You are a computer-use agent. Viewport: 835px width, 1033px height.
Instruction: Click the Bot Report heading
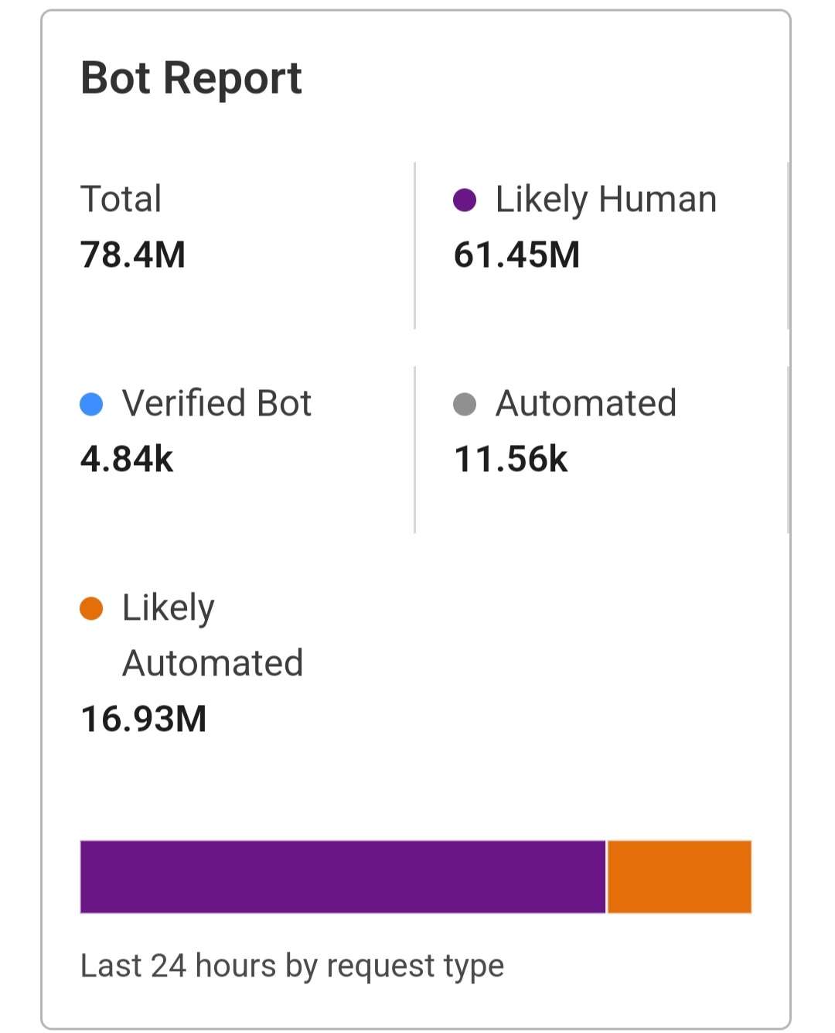click(191, 78)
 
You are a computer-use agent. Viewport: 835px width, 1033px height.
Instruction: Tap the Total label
click(121, 199)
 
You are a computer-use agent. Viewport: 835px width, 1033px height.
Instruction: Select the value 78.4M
click(133, 255)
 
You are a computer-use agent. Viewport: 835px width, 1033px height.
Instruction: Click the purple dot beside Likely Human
click(464, 200)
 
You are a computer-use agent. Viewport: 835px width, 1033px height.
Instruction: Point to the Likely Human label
click(605, 200)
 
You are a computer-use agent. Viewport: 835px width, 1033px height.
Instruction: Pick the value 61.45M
click(516, 255)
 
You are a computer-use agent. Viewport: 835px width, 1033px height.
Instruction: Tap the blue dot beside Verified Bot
click(91, 404)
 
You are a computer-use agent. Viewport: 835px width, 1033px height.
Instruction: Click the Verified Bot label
click(216, 403)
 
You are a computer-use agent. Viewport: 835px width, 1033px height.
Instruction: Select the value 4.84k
click(127, 459)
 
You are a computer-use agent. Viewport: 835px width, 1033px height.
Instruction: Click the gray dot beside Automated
click(464, 404)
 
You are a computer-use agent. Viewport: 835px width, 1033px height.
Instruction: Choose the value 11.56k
click(510, 459)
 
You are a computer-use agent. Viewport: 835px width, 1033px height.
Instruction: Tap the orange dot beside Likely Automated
click(91, 608)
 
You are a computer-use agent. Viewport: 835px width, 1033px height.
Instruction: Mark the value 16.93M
click(144, 719)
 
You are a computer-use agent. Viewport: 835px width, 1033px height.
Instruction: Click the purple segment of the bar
click(343, 877)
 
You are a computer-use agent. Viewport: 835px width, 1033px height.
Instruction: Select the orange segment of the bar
click(680, 877)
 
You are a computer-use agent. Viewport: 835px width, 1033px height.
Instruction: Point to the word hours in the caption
click(236, 966)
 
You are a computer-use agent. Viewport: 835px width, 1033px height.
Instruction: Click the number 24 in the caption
click(169, 966)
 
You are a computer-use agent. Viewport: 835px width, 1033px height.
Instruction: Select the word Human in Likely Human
click(657, 200)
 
